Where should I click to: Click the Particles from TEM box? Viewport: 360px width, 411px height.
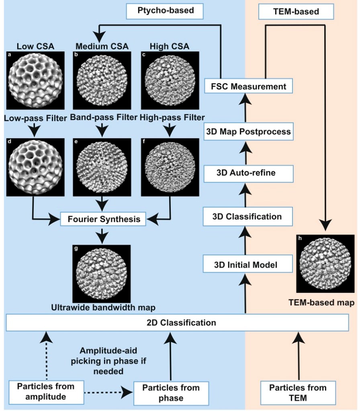click(298, 392)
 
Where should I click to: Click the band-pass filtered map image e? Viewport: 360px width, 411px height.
click(102, 167)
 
